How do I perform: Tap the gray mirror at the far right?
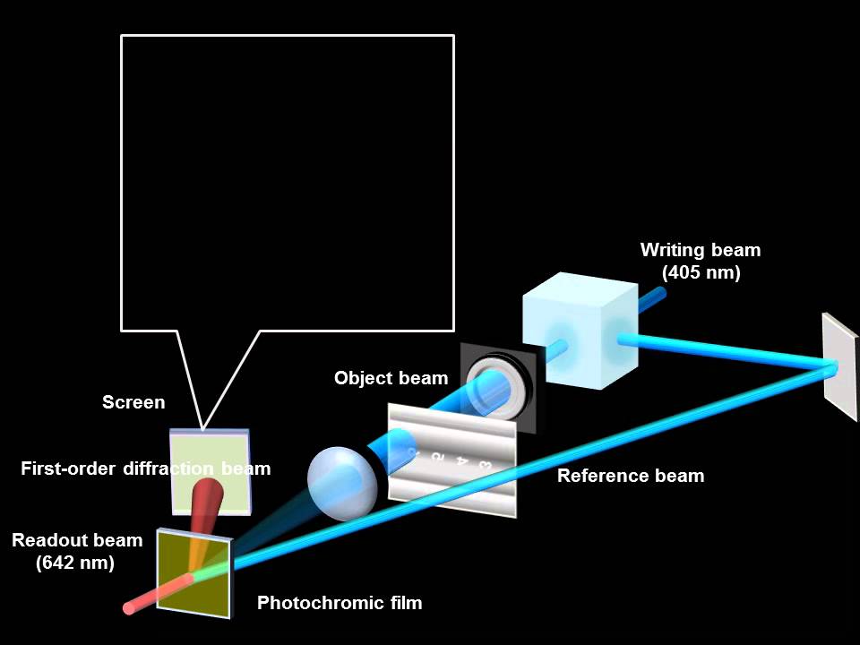tap(839, 365)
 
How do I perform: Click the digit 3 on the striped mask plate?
tap(485, 465)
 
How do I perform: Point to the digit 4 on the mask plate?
tap(461, 461)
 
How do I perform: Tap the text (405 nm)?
tap(701, 273)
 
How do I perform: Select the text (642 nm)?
tap(75, 563)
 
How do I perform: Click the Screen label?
tap(133, 402)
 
